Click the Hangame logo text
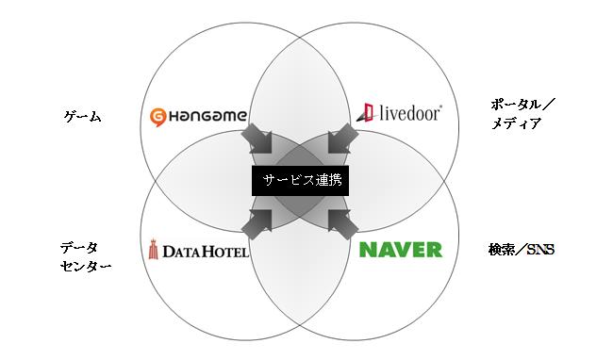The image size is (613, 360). coord(208,118)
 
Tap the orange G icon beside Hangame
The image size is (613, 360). coord(159,118)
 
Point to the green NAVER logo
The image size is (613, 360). coord(401,250)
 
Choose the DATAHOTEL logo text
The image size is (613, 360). coord(205,252)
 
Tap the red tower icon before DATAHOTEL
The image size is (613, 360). coord(155,249)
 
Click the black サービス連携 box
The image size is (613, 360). coord(300,179)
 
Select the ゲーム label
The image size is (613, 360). coord(82,118)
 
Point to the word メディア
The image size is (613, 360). coord(517,123)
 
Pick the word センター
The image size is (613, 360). coord(86,267)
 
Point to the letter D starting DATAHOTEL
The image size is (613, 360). coord(167,252)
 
